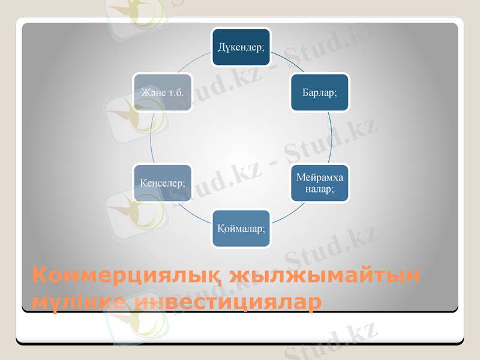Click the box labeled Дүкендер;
point(241,46)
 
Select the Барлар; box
point(319,92)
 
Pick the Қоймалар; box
point(241,228)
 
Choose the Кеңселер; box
point(163,182)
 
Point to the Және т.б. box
point(163,92)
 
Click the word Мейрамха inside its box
point(319,178)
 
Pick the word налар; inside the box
point(319,188)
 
